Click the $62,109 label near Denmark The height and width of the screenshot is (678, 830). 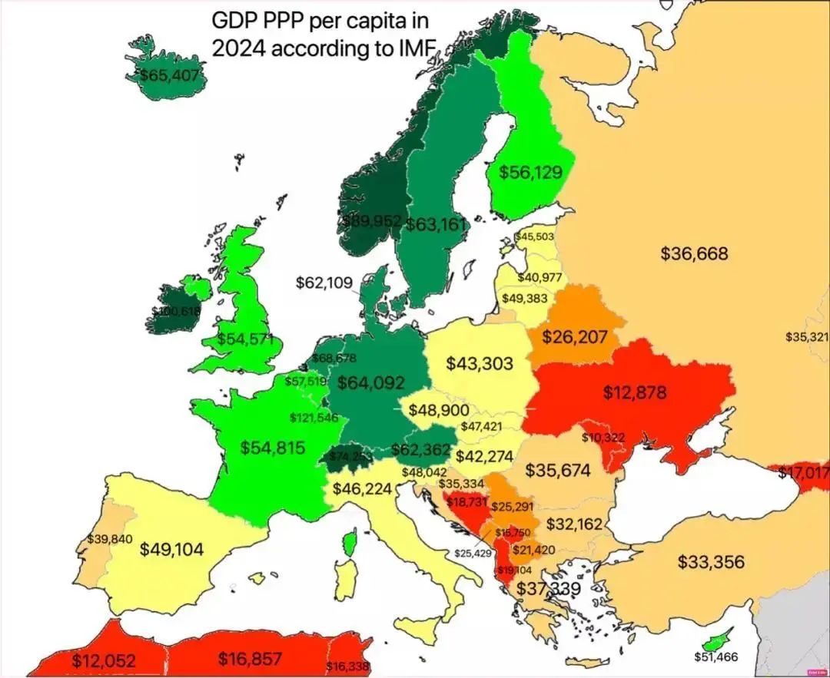(324, 283)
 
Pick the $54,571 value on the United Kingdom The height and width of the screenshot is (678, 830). (245, 339)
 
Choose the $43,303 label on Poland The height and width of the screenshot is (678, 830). (480, 363)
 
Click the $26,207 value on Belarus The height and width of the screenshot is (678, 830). (575, 337)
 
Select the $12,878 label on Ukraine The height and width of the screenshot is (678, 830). (635, 393)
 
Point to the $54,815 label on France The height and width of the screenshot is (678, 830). (273, 448)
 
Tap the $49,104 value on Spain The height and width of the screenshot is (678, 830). (172, 549)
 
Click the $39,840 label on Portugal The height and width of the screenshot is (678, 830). (111, 538)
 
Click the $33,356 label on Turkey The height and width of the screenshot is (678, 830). (711, 562)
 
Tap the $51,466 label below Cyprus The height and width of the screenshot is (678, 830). (715, 657)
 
